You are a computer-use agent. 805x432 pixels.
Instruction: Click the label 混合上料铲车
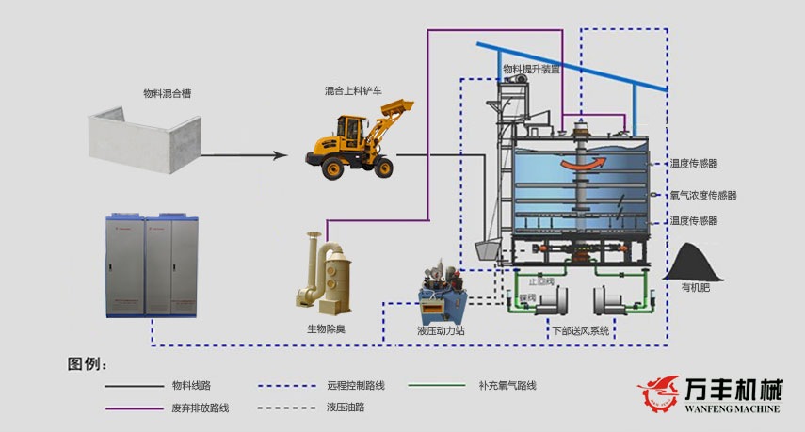[x=356, y=91]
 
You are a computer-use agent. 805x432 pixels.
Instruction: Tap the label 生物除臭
[x=326, y=329]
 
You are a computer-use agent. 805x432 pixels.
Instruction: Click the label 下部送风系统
[x=580, y=331]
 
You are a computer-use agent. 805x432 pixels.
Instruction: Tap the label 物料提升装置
[x=531, y=69]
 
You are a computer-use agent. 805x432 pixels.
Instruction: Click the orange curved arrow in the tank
[x=581, y=166]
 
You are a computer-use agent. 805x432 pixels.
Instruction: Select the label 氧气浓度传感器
[x=702, y=196]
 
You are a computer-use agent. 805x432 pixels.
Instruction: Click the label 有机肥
[x=698, y=290]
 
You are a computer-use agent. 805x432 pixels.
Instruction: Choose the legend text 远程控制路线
[x=356, y=385]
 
